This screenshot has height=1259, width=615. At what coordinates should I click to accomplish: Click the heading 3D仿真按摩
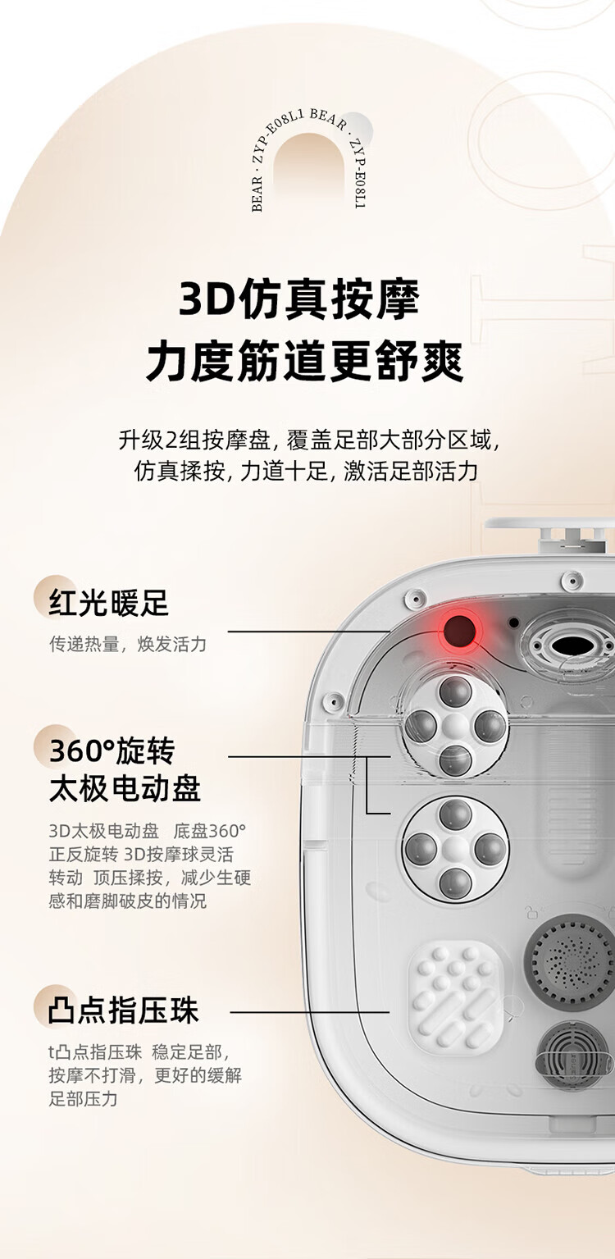click(x=299, y=299)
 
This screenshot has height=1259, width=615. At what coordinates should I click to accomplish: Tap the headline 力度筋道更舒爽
click(x=304, y=362)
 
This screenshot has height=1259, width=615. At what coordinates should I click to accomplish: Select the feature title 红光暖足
click(x=108, y=603)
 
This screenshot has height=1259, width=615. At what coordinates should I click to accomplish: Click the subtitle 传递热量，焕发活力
click(x=128, y=644)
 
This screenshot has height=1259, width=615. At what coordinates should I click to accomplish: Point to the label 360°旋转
click(x=112, y=750)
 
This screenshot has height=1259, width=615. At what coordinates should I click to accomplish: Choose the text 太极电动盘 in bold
click(x=125, y=788)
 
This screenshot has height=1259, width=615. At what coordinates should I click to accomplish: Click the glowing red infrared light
click(x=458, y=631)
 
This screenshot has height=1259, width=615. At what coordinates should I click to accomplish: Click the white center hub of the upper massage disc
click(x=455, y=726)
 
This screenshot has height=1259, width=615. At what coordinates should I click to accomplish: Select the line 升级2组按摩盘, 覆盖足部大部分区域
click(x=308, y=440)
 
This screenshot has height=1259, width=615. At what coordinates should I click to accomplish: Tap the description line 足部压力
click(x=83, y=1098)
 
